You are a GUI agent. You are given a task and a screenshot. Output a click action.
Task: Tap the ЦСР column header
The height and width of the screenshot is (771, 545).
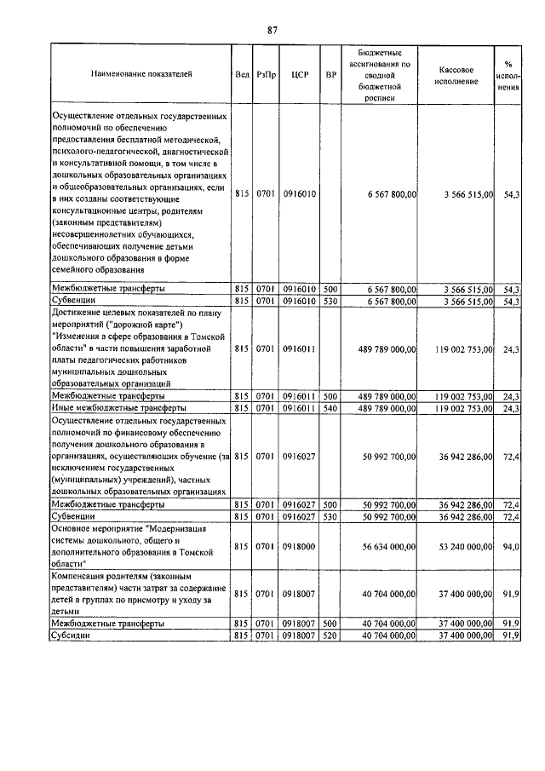point(298,74)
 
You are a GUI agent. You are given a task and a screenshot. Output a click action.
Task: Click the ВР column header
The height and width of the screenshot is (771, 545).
point(330,74)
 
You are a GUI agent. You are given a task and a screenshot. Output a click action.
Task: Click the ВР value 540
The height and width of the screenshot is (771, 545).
point(330,408)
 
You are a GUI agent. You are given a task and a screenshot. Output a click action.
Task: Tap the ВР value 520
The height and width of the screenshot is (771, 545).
point(330,635)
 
